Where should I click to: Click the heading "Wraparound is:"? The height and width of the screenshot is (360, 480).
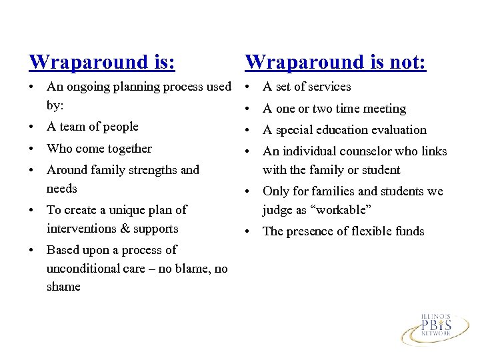tap(102, 62)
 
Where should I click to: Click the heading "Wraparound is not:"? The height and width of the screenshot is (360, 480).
tap(335, 62)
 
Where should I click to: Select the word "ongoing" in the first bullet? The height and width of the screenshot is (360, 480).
tap(87, 87)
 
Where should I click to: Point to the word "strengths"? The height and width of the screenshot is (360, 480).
tap(152, 170)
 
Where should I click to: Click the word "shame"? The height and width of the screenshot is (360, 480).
tap(63, 287)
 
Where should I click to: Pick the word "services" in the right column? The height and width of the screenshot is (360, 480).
tap(328, 87)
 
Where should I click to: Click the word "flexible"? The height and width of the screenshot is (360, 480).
tap(364, 231)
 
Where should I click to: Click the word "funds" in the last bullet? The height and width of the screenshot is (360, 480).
tap(409, 231)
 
